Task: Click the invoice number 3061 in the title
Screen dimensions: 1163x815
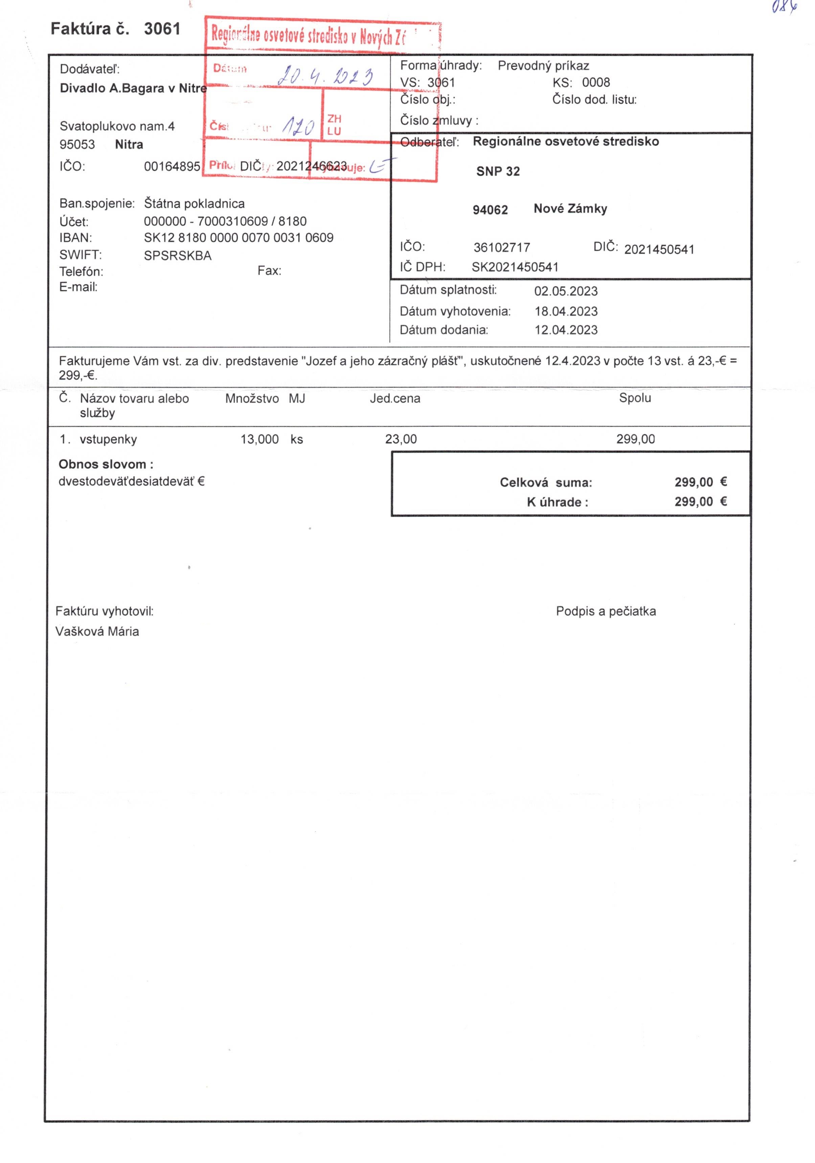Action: [x=162, y=29]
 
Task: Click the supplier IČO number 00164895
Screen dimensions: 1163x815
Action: [x=172, y=166]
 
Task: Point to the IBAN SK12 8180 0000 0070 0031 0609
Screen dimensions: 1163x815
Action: [x=239, y=238]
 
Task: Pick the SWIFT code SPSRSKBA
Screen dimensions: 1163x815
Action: [x=177, y=255]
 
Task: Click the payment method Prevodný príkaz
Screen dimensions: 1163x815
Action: [x=543, y=65]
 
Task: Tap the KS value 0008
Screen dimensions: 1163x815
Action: [x=596, y=82]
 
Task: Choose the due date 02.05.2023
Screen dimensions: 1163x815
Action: [x=566, y=291]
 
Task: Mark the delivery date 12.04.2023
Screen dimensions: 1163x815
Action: [x=566, y=330]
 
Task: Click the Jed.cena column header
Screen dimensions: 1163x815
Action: [x=394, y=398]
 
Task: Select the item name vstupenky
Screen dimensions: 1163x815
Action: [x=108, y=439]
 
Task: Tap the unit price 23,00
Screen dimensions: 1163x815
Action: [x=401, y=439]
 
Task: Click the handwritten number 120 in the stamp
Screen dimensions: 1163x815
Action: [x=299, y=125]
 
